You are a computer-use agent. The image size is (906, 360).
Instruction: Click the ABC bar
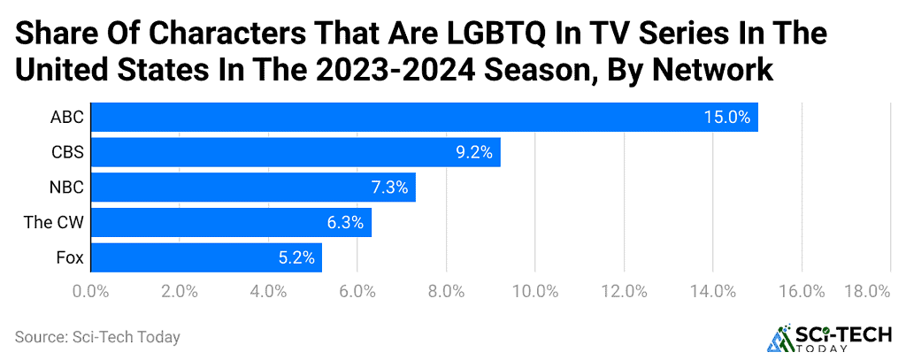(425, 117)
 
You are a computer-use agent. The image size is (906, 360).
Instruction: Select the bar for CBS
(296, 152)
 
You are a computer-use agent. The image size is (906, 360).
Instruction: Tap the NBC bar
(253, 188)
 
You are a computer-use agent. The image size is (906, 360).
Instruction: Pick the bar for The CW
(231, 223)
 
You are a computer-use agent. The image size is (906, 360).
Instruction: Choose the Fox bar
(206, 258)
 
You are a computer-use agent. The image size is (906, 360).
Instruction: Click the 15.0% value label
(726, 117)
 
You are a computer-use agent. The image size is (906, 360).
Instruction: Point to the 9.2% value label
(473, 152)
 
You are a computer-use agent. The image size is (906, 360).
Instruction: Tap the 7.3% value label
(388, 188)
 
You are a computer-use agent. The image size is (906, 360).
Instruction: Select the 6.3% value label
(345, 223)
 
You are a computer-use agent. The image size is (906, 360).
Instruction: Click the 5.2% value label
(296, 258)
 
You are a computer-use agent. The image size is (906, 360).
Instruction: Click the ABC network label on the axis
(67, 117)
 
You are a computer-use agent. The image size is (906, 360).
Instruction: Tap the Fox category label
(69, 258)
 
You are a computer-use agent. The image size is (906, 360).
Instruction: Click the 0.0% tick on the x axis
(90, 291)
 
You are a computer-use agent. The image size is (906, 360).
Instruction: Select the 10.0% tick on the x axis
(536, 291)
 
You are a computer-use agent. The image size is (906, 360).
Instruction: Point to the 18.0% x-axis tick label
(868, 291)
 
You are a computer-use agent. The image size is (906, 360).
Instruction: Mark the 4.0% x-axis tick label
(268, 291)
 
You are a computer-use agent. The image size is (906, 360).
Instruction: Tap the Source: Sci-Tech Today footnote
(97, 337)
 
